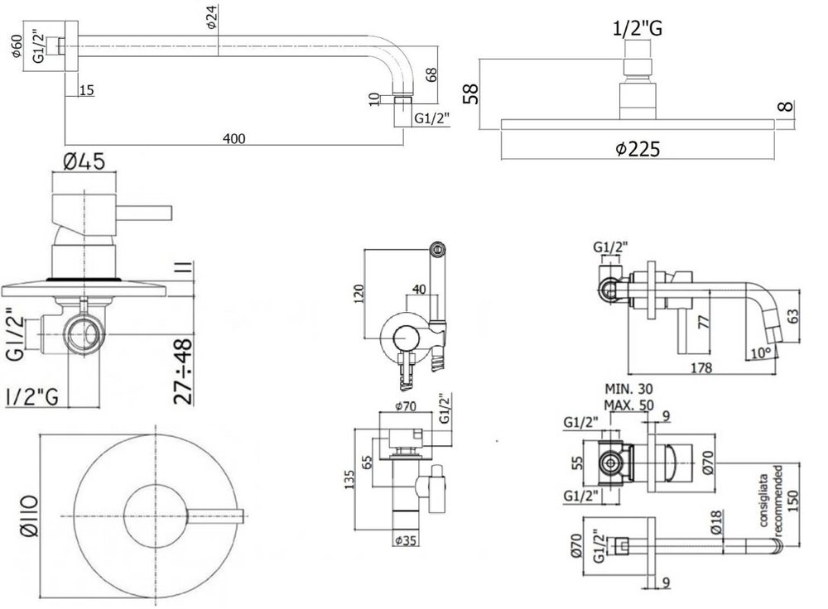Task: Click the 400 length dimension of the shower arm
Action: [236, 138]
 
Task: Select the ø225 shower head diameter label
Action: [637, 148]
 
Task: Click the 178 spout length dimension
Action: [701, 368]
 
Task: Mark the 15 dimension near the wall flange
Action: [87, 90]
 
